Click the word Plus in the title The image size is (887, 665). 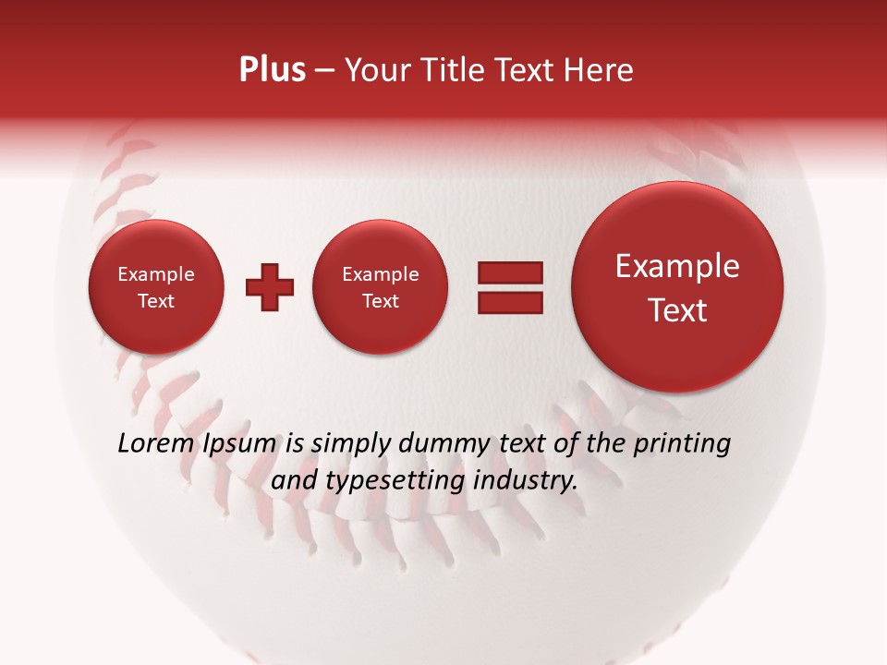pos(272,70)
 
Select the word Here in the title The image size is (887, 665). pos(601,70)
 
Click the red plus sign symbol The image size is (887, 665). pos(269,287)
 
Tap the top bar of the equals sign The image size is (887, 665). pos(509,272)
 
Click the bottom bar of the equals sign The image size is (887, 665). pos(509,302)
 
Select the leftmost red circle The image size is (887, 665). pos(155,287)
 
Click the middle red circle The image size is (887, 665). pos(380,287)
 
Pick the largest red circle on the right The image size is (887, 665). pos(677,287)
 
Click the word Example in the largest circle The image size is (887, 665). pos(677,266)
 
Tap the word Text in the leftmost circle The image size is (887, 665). pos(155,301)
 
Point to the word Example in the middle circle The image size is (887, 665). pos(380,274)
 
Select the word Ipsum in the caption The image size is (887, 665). pos(240,443)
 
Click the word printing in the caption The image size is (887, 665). pos(681,444)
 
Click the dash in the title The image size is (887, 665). pos(324,71)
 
